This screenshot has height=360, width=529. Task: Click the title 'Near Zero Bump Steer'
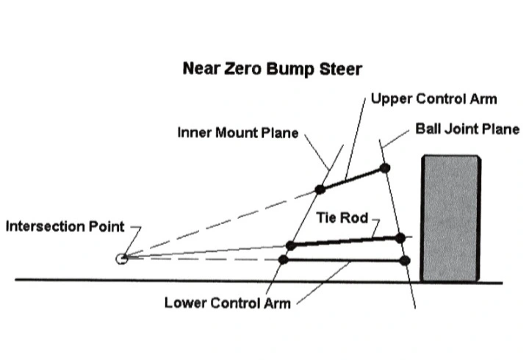point(273,69)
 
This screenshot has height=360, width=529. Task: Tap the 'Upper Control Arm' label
point(434,99)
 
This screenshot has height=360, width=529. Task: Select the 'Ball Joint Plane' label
point(467,129)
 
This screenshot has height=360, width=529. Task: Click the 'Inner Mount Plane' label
point(238,132)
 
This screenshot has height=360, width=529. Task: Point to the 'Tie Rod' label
point(342,218)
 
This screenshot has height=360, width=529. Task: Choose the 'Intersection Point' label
point(65,226)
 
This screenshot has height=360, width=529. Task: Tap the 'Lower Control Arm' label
point(227,303)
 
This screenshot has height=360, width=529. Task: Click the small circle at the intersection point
point(121,259)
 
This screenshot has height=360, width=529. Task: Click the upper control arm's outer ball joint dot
point(384,168)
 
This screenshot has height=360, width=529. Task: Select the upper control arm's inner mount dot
point(320,190)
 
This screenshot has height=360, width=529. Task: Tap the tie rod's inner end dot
point(291,245)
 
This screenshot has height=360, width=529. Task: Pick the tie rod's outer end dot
point(400,238)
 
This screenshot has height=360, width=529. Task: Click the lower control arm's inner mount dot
point(284,259)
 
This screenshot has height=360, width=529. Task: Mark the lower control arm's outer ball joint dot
point(405,261)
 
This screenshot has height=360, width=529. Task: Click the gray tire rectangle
point(450,218)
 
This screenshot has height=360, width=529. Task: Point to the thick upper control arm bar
point(352,179)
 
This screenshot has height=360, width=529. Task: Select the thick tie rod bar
point(345,242)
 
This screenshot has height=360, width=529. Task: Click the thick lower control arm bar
point(344,260)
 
